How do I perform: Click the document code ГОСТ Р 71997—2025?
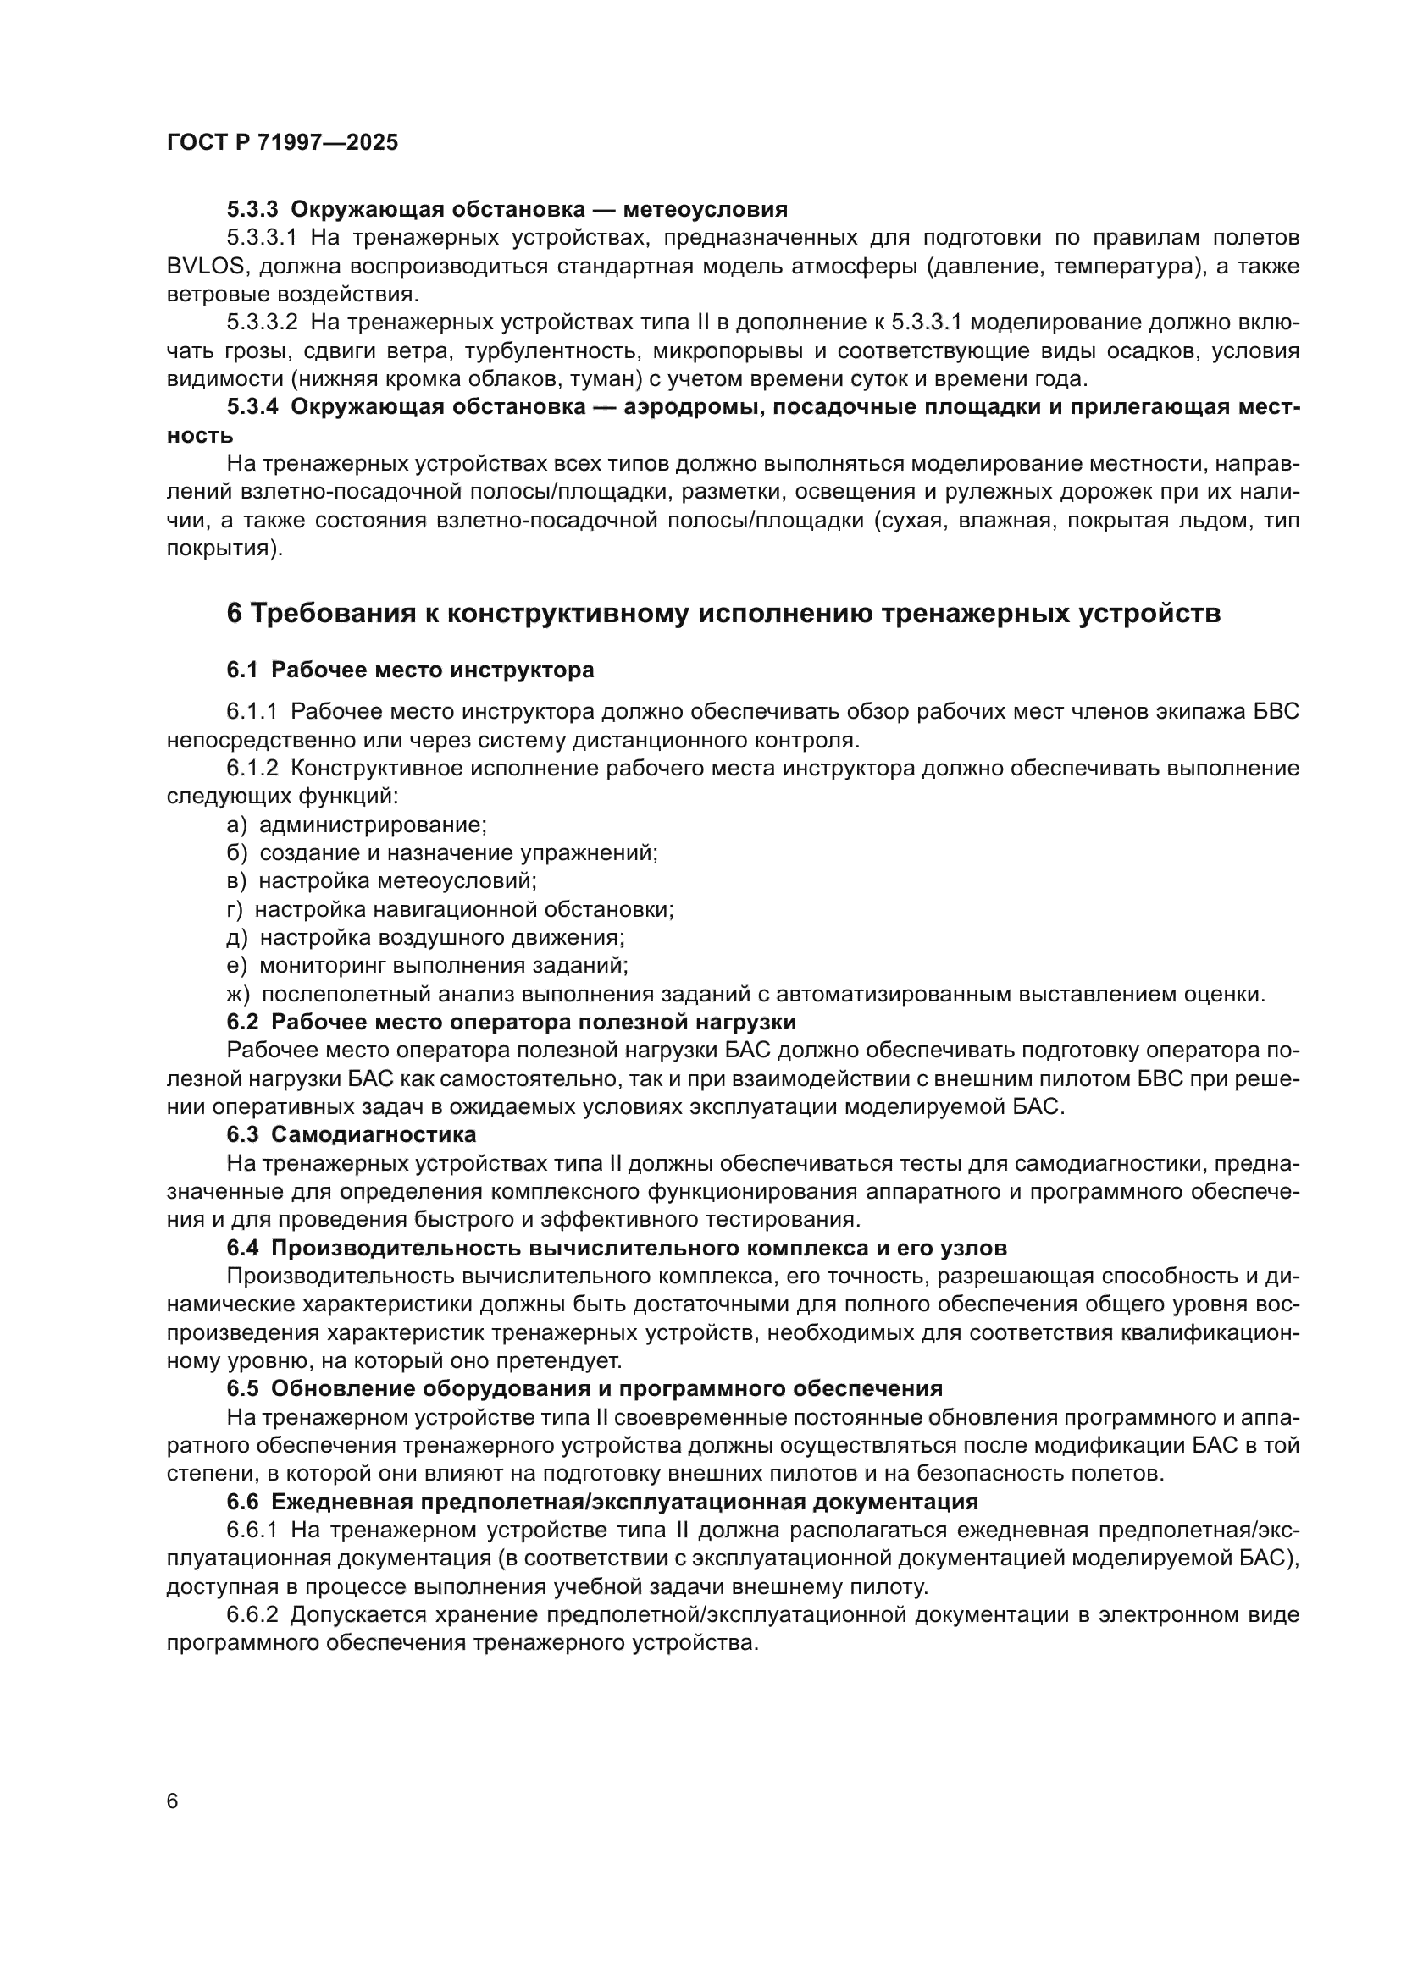pyautogui.click(x=282, y=142)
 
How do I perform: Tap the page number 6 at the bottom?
pyautogui.click(x=173, y=1801)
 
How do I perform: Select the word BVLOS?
pyautogui.click(x=204, y=267)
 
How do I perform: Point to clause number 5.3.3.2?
pyautogui.click(x=262, y=323)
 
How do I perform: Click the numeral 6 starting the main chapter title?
pyautogui.click(x=234, y=613)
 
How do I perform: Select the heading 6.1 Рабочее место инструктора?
pyautogui.click(x=410, y=670)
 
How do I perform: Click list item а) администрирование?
pyautogui.click(x=357, y=825)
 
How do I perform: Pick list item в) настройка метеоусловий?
pyautogui.click(x=381, y=880)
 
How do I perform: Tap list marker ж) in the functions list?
pyautogui.click(x=238, y=994)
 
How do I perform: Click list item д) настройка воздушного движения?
pyautogui.click(x=425, y=936)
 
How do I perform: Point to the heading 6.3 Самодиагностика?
pyautogui.click(x=352, y=1134)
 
